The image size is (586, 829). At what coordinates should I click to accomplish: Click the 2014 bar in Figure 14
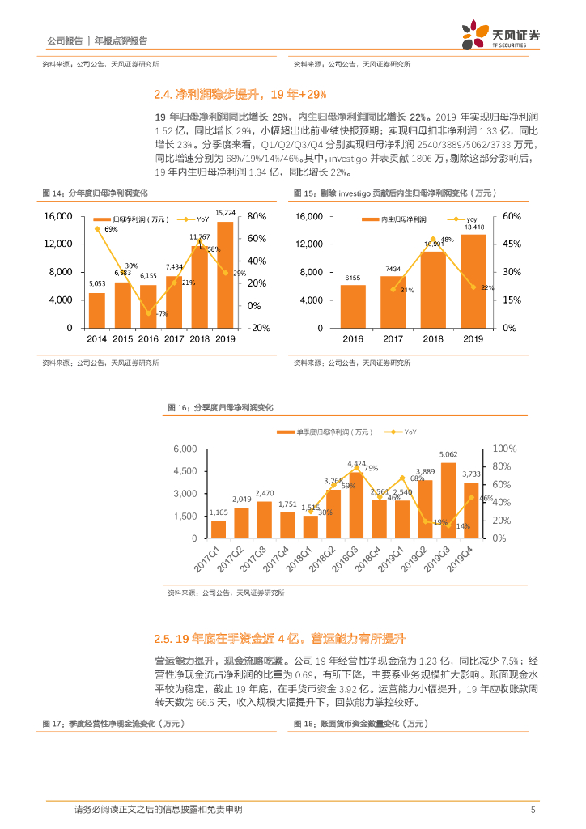click(96, 310)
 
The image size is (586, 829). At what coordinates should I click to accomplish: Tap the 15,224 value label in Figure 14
click(226, 214)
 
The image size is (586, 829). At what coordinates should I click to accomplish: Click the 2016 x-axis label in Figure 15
click(353, 340)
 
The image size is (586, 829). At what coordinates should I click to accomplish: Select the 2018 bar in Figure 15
click(433, 290)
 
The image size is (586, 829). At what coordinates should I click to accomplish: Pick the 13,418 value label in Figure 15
click(473, 227)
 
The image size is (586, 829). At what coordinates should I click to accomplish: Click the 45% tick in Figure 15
click(511, 244)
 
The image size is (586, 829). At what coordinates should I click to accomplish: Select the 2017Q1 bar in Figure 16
click(219, 529)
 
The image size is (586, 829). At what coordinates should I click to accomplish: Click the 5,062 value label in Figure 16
click(448, 455)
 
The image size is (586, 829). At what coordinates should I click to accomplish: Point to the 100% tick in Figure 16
click(504, 449)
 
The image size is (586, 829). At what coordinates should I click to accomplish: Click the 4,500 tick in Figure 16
click(187, 471)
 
